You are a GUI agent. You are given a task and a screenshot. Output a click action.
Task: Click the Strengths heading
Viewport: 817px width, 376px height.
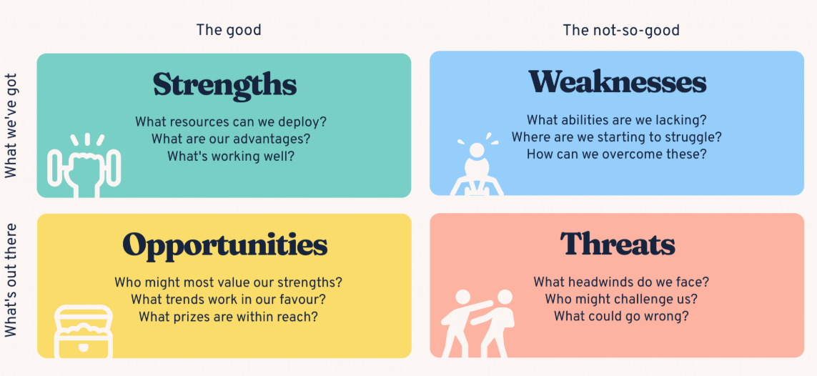pyautogui.click(x=224, y=85)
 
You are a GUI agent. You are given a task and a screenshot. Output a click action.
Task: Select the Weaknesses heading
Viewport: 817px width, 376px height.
pyautogui.click(x=618, y=81)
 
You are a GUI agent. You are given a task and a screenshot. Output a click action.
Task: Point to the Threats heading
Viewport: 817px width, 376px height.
pyautogui.click(x=618, y=243)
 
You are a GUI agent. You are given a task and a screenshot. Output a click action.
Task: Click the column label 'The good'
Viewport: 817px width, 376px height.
pyautogui.click(x=229, y=30)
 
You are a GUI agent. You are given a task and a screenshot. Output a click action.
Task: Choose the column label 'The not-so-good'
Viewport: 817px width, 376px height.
pyautogui.click(x=621, y=30)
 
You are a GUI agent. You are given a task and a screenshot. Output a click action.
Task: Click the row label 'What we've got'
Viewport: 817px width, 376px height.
pyautogui.click(x=11, y=126)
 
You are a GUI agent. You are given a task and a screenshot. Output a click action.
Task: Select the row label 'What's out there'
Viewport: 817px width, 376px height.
pyautogui.click(x=11, y=280)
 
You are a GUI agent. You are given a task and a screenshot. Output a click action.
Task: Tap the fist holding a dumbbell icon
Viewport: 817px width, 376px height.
pyautogui.click(x=84, y=166)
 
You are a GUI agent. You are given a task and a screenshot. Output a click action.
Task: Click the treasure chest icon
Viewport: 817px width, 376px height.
pyautogui.click(x=84, y=332)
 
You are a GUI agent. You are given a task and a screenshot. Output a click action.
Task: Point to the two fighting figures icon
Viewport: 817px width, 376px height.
pyautogui.click(x=478, y=323)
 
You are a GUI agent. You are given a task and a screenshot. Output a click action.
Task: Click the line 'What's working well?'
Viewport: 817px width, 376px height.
pyautogui.click(x=231, y=157)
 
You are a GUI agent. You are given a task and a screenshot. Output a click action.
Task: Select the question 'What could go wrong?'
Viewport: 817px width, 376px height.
pyautogui.click(x=621, y=315)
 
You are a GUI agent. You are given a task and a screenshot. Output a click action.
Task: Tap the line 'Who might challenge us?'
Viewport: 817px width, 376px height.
pyautogui.click(x=621, y=300)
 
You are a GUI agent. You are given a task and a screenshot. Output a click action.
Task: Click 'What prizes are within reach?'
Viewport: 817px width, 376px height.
pyautogui.click(x=228, y=316)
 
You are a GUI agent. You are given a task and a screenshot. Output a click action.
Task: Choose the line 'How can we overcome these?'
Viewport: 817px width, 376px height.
pyautogui.click(x=616, y=154)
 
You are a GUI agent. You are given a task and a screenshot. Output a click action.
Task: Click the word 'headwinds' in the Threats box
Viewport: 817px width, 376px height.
pyautogui.click(x=613, y=282)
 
